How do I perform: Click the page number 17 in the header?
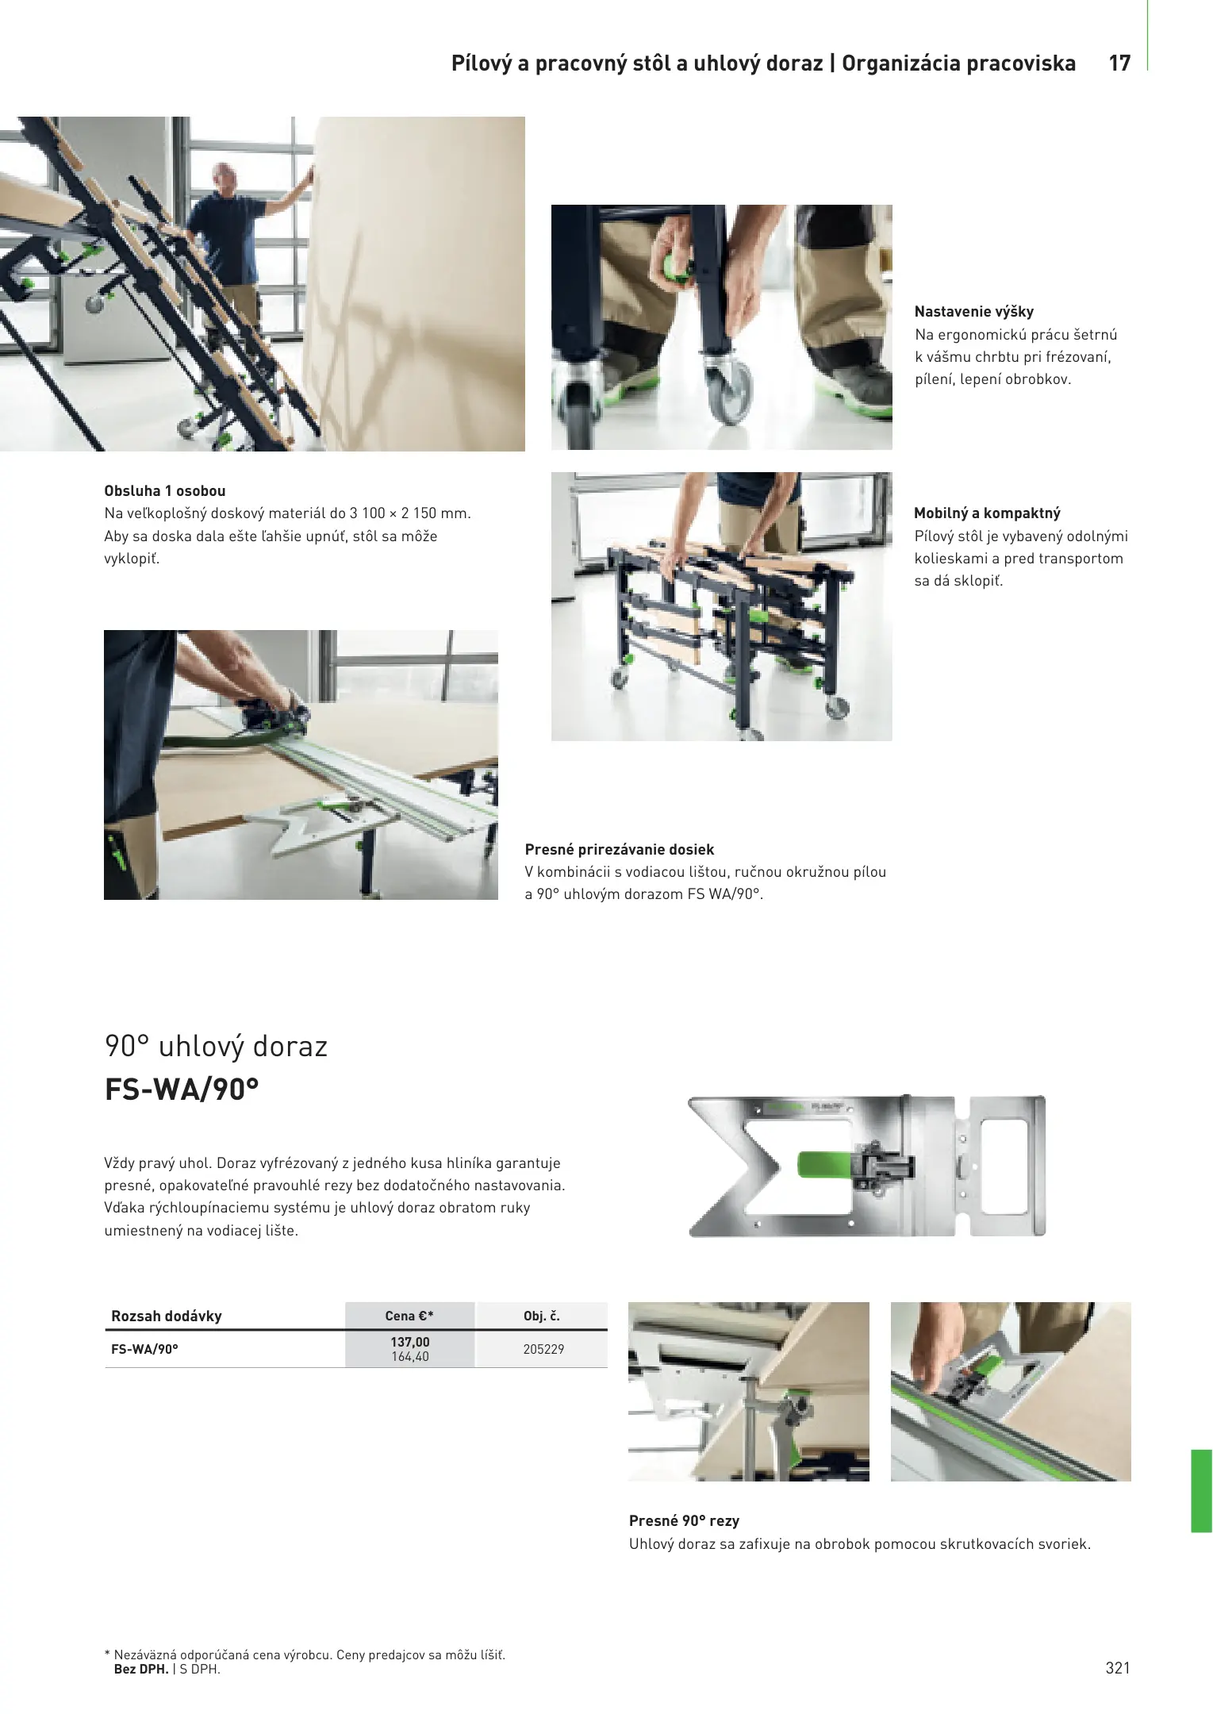click(1119, 63)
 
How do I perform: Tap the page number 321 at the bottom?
click(1117, 1667)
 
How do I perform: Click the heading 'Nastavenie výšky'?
click(973, 312)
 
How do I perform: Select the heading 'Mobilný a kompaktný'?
click(987, 513)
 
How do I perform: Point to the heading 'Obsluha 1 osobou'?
click(165, 491)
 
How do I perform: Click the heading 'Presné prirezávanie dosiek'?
click(620, 850)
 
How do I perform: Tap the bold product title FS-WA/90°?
click(182, 1090)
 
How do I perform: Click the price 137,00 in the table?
click(410, 1342)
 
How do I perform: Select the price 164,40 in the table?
click(410, 1357)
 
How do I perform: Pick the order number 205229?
click(543, 1349)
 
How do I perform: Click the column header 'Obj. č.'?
click(542, 1316)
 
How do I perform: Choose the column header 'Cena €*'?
click(409, 1316)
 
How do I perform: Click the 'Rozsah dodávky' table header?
click(167, 1316)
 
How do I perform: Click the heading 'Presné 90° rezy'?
click(684, 1521)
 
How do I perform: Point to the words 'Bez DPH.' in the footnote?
click(141, 1669)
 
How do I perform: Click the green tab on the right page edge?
click(1202, 1491)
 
